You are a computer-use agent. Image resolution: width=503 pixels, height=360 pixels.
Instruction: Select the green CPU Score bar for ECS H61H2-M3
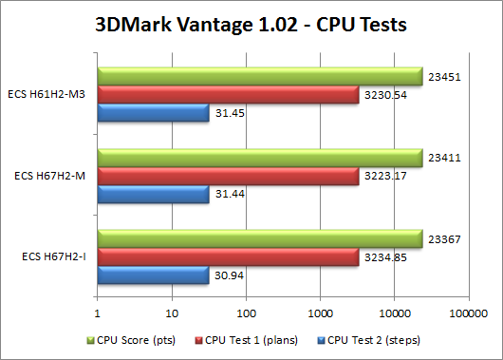[x=260, y=77]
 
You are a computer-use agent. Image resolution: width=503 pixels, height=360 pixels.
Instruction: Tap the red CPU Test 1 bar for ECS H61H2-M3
[x=228, y=95]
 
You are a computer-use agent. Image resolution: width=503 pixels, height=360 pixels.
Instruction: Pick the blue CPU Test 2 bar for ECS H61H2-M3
[x=153, y=114]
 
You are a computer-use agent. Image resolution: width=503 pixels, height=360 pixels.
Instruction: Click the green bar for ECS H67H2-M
[x=260, y=158]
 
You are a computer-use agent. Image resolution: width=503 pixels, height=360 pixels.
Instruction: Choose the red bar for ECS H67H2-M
[x=228, y=176]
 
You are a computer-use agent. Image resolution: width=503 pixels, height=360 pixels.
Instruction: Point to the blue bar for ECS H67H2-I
[x=153, y=275]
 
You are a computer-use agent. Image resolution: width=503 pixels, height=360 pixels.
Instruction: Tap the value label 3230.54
[x=384, y=95]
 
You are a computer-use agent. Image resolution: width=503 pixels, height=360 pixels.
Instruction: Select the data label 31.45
[x=226, y=114]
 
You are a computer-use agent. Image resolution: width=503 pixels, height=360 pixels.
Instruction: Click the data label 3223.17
[x=384, y=176]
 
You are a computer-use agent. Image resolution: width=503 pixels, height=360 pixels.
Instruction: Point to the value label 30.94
[x=226, y=275]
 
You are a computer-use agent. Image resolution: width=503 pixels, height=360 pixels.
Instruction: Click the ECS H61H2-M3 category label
[x=50, y=95]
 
